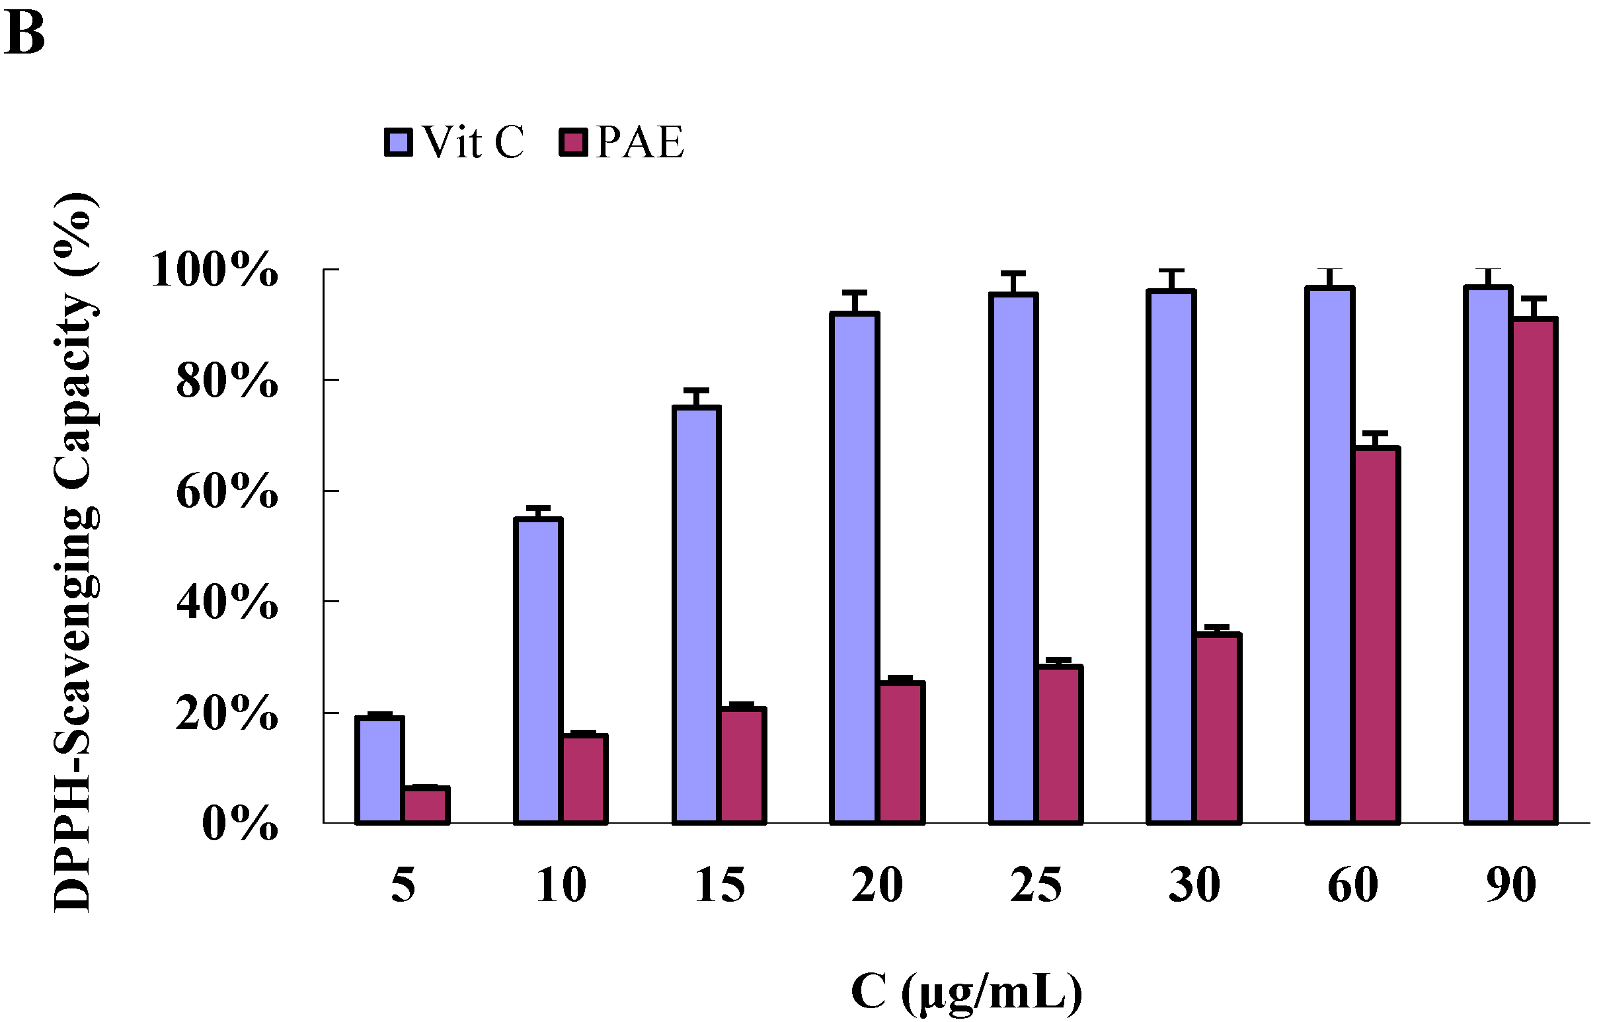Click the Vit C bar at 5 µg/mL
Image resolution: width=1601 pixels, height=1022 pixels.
click(379, 770)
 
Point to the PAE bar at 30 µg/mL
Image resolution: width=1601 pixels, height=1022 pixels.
click(1219, 728)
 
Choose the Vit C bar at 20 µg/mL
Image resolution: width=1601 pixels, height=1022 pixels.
click(855, 568)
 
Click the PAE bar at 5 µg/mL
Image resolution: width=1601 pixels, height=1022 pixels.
click(426, 805)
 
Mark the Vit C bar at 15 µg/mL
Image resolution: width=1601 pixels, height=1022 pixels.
click(697, 615)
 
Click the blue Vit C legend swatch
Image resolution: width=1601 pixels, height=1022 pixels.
click(398, 143)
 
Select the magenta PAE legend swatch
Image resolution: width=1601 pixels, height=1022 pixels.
click(573, 143)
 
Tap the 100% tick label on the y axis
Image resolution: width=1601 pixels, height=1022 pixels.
click(214, 270)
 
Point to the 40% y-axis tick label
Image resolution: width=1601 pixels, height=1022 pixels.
click(227, 603)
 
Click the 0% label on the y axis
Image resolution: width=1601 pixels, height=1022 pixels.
click(240, 824)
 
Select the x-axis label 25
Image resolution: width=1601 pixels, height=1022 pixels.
click(1036, 886)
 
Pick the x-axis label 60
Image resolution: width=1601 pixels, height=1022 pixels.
click(1352, 886)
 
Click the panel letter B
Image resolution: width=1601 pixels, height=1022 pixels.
click(24, 34)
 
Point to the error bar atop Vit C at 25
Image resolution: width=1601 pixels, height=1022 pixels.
click(1013, 282)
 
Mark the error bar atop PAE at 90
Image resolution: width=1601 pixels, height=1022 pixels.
click(1534, 307)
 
